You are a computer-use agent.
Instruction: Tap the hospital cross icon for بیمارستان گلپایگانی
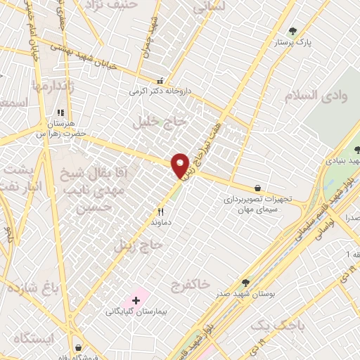click(x=136, y=300)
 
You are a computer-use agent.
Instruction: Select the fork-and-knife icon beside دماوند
click(x=160, y=212)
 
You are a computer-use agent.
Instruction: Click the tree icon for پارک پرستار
click(x=292, y=31)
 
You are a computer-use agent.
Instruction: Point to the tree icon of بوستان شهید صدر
click(x=245, y=282)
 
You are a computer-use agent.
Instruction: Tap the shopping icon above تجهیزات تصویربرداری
click(x=258, y=188)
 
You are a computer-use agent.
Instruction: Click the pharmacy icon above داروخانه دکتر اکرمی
click(x=160, y=81)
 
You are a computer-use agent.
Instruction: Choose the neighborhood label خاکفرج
click(x=190, y=283)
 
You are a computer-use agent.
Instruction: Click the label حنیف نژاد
click(x=105, y=5)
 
